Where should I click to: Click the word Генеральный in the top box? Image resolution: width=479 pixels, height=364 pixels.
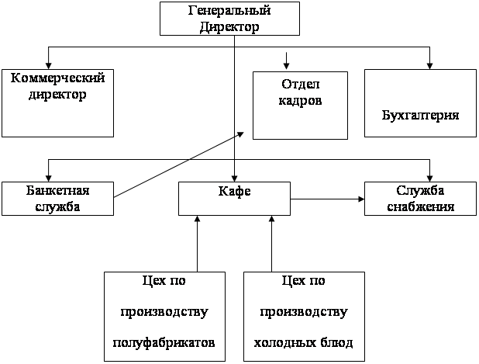click(229, 10)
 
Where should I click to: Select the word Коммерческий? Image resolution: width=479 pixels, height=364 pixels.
click(57, 78)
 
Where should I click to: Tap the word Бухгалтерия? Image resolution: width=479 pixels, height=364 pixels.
click(420, 116)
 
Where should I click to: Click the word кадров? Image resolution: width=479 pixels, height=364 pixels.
click(300, 101)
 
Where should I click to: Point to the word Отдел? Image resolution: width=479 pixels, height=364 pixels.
click(300, 84)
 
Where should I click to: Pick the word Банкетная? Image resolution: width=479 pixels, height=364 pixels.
click(57, 190)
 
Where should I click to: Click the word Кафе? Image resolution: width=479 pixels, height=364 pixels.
click(234, 191)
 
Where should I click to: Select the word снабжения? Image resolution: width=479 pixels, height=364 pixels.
click(420, 206)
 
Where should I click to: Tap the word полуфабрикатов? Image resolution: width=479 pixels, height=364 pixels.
click(164, 342)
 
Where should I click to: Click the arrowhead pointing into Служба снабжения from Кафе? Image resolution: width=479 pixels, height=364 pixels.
click(361, 199)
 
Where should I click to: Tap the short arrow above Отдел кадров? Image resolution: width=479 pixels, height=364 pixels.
click(286, 61)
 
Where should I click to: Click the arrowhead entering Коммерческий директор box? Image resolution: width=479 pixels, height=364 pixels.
click(48, 66)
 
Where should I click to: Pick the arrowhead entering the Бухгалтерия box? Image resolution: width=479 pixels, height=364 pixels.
click(430, 66)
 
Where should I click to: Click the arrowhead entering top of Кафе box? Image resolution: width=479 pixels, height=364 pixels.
click(234, 179)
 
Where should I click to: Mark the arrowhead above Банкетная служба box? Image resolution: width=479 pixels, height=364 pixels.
click(48, 179)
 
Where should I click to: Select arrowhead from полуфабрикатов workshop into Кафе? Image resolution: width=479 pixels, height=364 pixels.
click(198, 219)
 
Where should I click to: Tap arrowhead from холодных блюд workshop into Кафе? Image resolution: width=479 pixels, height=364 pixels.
click(271, 219)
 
